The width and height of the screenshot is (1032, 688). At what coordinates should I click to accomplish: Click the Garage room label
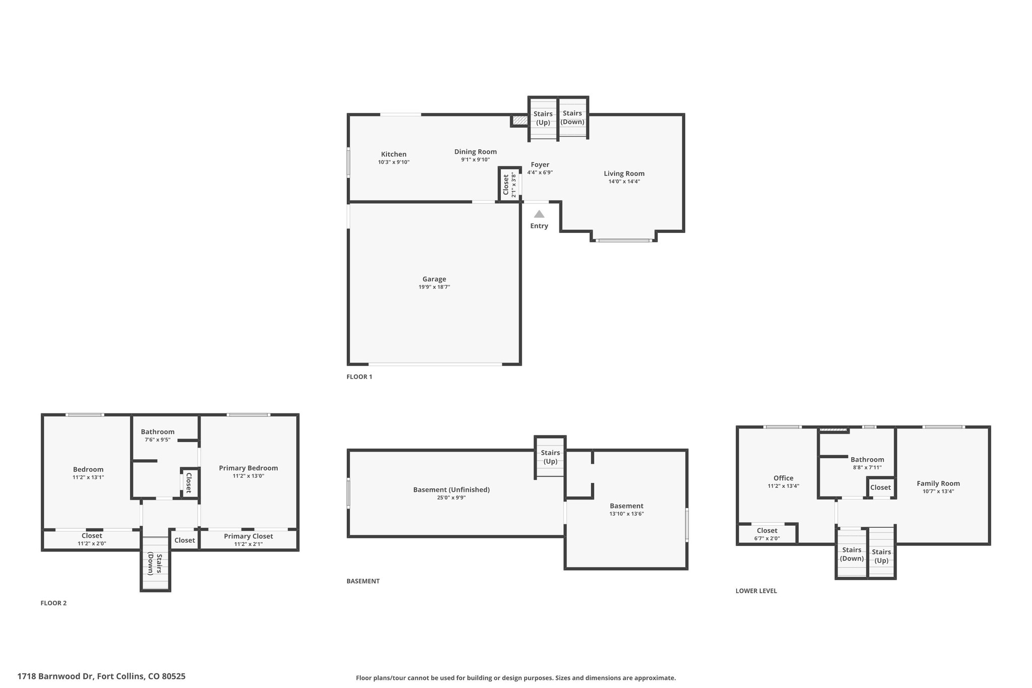click(434, 279)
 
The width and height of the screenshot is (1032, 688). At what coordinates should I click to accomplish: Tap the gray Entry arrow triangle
click(539, 214)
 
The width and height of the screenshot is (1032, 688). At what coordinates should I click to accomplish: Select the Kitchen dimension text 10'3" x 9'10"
click(394, 162)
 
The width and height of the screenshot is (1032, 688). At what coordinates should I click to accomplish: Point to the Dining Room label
click(475, 152)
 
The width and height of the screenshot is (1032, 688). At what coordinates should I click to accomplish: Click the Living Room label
click(624, 173)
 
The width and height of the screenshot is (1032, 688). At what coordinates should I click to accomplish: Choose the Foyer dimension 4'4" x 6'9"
click(540, 172)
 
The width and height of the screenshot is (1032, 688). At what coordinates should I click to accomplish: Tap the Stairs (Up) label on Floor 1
click(543, 118)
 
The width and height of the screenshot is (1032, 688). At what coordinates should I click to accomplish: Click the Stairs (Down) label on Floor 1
click(572, 117)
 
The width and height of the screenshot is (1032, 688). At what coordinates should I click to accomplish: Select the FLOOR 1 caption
click(359, 377)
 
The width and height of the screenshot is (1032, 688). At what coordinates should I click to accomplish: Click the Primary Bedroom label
click(248, 468)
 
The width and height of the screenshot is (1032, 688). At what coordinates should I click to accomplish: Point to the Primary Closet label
click(248, 536)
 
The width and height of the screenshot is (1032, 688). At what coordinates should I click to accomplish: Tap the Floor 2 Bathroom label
click(158, 431)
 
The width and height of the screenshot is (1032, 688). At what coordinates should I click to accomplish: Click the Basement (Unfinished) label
click(451, 489)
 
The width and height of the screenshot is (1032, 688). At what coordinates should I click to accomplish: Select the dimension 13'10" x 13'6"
click(626, 514)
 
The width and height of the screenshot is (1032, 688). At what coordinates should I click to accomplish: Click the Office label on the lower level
click(783, 478)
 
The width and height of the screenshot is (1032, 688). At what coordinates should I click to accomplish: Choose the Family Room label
click(938, 483)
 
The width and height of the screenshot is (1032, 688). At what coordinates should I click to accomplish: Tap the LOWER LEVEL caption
click(756, 591)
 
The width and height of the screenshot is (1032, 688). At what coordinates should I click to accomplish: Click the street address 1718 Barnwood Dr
click(56, 676)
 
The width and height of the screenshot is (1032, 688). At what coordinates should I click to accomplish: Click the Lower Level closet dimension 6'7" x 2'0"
click(767, 538)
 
